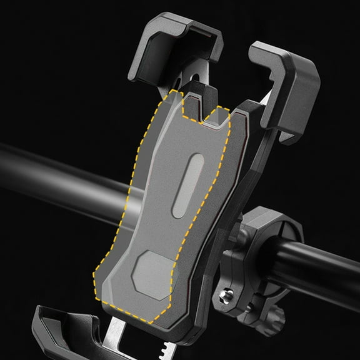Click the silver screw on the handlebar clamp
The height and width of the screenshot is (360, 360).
pos(224,292)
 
